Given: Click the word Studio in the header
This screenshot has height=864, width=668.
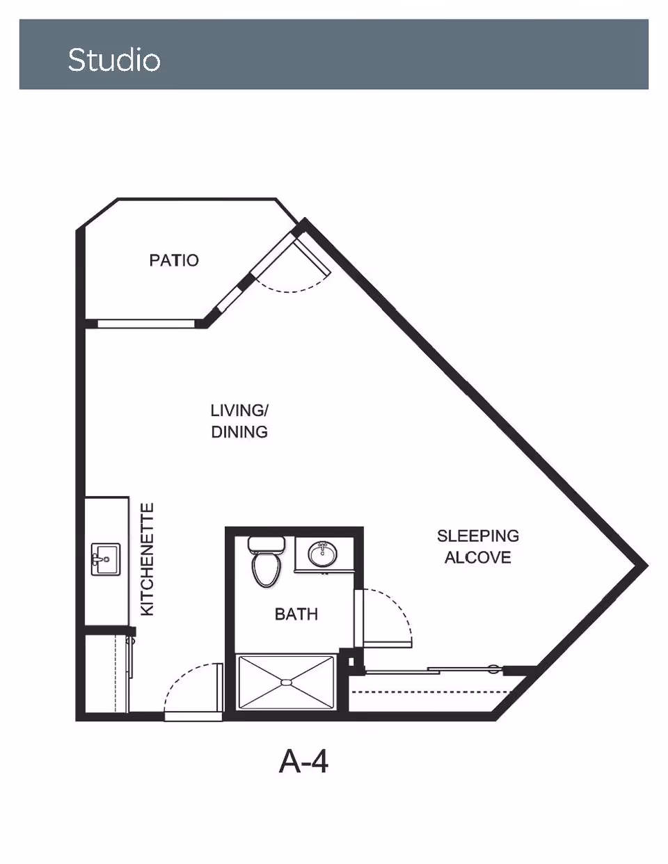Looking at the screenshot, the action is (114, 60).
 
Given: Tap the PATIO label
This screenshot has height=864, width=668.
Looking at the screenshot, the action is (174, 260).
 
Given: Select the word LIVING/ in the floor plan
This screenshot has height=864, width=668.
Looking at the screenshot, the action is (239, 410).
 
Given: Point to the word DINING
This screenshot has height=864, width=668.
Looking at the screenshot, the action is (239, 432).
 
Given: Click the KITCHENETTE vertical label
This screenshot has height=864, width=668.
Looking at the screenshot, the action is (148, 559).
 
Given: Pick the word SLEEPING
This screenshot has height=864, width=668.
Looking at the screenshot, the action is (478, 536).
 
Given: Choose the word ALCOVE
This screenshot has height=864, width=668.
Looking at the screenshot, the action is (477, 557).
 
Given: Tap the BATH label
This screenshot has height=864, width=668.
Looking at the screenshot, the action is (296, 614).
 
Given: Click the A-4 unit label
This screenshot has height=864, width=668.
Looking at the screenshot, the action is (304, 762).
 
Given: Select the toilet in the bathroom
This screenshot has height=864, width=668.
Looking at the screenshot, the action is (267, 561).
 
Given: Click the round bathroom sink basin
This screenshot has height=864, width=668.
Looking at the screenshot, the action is (323, 554).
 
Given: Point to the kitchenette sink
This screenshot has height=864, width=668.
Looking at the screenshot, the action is (105, 559).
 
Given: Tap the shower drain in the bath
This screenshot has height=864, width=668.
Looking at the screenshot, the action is (286, 682).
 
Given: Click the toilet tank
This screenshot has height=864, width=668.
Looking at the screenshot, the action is (267, 543).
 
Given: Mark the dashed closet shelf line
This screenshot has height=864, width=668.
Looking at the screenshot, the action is (432, 692).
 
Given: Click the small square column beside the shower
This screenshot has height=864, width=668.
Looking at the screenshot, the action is (351, 662).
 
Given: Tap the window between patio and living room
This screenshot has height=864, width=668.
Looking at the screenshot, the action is (146, 323).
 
